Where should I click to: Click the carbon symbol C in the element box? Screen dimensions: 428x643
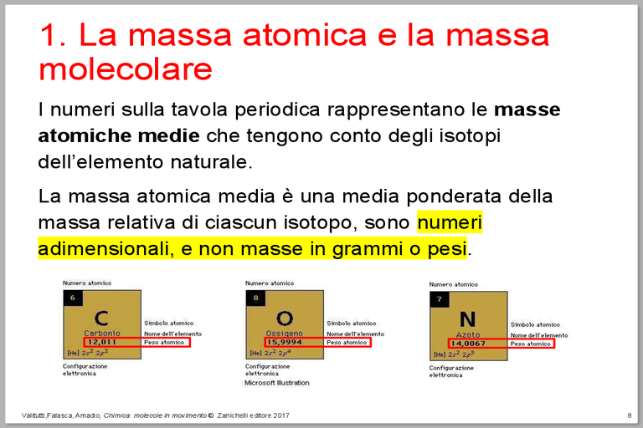coord(101,318)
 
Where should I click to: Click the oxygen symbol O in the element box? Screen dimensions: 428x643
coord(285,318)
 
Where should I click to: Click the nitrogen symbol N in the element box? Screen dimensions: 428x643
coord(467,319)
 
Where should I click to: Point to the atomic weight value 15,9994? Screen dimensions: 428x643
coord(285,342)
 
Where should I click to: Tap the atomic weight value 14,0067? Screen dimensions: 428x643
coord(468,344)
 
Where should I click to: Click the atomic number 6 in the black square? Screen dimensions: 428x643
coord(73,298)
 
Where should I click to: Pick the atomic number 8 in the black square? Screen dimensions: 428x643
coord(255,298)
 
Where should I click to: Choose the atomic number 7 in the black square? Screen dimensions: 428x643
coord(439,299)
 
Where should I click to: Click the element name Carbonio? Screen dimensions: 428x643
coord(102,333)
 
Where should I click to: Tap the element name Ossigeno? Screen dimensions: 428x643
coord(285,333)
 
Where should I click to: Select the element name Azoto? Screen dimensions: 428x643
coord(468,334)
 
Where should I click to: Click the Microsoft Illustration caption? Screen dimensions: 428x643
coord(276,383)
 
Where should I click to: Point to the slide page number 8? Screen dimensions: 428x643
coord(629,415)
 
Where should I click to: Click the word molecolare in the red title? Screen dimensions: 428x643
coord(126,69)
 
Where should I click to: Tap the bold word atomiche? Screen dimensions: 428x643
coord(80,135)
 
